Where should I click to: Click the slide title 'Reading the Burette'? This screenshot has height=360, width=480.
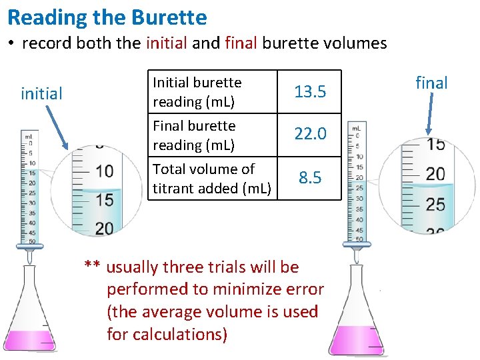pyautogui.click(x=107, y=17)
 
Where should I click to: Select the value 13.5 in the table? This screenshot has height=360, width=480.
pyautogui.click(x=310, y=91)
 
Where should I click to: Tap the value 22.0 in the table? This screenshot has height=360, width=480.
pyautogui.click(x=310, y=134)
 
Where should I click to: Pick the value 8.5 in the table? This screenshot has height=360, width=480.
pyautogui.click(x=310, y=177)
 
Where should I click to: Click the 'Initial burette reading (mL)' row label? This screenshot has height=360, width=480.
pyautogui.click(x=197, y=92)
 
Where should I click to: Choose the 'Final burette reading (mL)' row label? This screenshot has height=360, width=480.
pyautogui.click(x=194, y=135)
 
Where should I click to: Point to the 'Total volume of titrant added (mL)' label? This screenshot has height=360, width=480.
pyautogui.click(x=211, y=178)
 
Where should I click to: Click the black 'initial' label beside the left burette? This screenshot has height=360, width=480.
pyautogui.click(x=41, y=93)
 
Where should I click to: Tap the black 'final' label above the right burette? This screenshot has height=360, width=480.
pyautogui.click(x=431, y=83)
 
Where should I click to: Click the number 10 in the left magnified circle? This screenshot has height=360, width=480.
pyautogui.click(x=103, y=171)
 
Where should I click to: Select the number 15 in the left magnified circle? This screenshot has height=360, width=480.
pyautogui.click(x=103, y=199)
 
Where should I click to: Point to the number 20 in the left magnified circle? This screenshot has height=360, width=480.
pyautogui.click(x=103, y=228)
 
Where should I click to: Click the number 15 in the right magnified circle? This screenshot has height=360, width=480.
pyautogui.click(x=435, y=144)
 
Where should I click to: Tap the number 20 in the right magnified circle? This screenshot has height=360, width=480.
pyautogui.click(x=435, y=174)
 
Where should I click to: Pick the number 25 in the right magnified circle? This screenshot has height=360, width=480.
pyautogui.click(x=435, y=203)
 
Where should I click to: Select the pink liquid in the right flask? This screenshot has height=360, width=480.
pyautogui.click(x=356, y=339)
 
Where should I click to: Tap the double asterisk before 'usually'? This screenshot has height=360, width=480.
pyautogui.click(x=92, y=267)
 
